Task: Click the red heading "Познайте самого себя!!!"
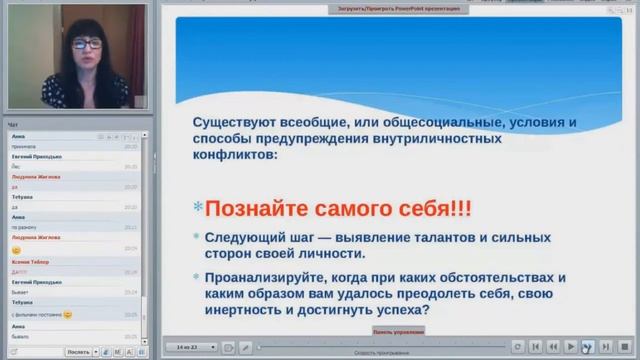click(x=338, y=210)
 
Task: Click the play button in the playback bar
click(x=570, y=346)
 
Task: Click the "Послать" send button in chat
click(x=77, y=352)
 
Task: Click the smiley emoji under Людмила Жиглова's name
click(x=17, y=248)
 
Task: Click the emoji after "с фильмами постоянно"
click(x=68, y=315)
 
